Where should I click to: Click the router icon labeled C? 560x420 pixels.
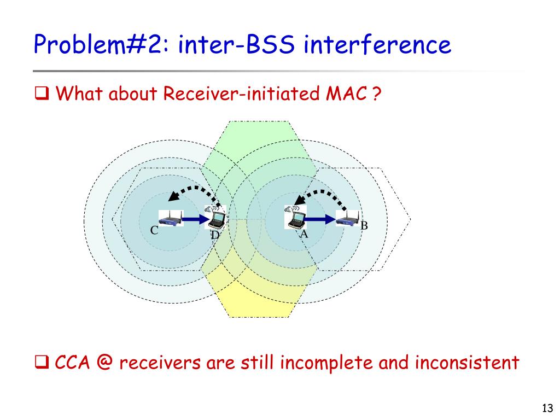(171, 218)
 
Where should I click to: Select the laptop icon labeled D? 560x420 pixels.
(215, 217)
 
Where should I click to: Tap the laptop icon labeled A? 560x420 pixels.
(295, 217)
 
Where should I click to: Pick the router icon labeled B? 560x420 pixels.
(347, 218)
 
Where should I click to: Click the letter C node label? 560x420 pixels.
(154, 230)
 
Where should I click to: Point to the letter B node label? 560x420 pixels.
(364, 226)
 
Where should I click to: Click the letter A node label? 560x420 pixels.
(304, 234)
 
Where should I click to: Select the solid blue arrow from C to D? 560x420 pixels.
(195, 219)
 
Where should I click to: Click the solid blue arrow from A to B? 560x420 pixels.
(320, 219)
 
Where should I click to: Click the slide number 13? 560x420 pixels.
(547, 408)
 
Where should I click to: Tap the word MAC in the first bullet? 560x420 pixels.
(346, 94)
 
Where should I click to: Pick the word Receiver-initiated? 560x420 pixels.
(241, 94)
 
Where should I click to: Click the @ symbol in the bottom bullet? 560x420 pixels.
(104, 363)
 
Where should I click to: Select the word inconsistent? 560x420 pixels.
(467, 363)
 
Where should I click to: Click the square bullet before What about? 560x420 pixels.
(42, 93)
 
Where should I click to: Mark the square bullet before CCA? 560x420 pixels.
(42, 362)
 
